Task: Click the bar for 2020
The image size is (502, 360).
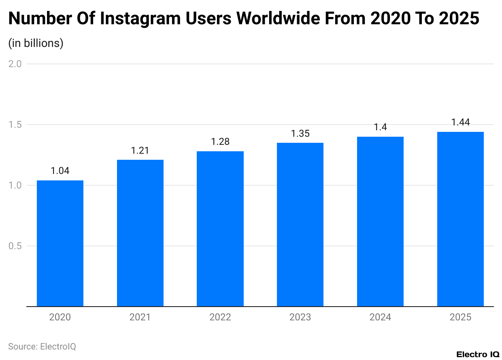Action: [x=60, y=244]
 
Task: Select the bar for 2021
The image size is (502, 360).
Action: [x=140, y=233]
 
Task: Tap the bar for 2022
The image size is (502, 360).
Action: [x=220, y=229]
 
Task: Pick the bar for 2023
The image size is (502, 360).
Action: [x=300, y=225]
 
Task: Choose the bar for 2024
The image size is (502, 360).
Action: [x=380, y=222]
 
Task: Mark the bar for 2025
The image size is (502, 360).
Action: [x=460, y=219]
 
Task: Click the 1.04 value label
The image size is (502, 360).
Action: [x=60, y=171]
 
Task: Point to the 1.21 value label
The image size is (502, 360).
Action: [x=140, y=150]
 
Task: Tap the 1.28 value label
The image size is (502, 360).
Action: [x=220, y=142]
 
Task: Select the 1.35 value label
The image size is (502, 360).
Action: [x=300, y=133]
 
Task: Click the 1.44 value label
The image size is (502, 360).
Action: [x=460, y=123]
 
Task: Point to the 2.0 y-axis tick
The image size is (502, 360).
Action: [x=15, y=64]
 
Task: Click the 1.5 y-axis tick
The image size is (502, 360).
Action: [x=15, y=125]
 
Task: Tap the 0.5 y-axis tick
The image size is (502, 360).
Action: [x=15, y=246]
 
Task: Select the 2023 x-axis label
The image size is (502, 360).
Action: [x=300, y=317]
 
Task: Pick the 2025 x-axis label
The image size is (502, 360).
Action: [x=460, y=317]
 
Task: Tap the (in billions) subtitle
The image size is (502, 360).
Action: [x=36, y=43]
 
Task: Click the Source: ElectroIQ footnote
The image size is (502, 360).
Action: [x=42, y=347]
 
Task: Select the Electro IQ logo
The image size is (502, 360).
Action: [x=478, y=354]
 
